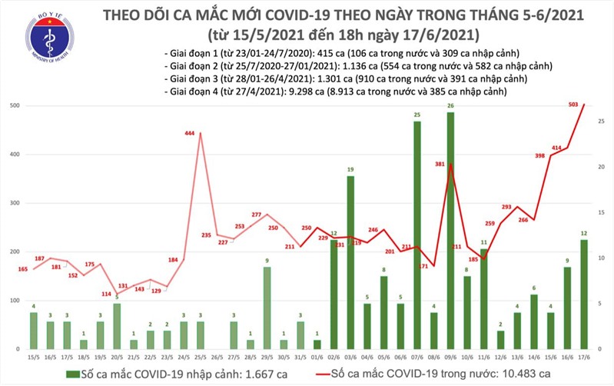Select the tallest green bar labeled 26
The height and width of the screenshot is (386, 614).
(450, 231)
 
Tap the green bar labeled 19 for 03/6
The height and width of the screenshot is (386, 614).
(350, 261)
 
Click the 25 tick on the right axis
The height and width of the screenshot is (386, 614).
(601, 120)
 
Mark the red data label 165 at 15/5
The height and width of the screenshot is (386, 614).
(23, 268)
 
